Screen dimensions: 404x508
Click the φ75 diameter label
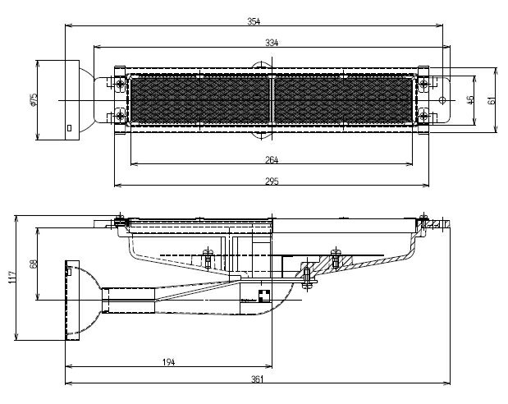[x=33, y=99]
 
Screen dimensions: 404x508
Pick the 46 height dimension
[x=469, y=99]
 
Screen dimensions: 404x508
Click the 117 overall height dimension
[x=11, y=278]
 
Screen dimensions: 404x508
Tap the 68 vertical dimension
[x=34, y=264]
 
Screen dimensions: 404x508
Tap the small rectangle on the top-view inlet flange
[x=70, y=128]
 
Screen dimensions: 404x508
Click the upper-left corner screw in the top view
[x=121, y=83]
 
